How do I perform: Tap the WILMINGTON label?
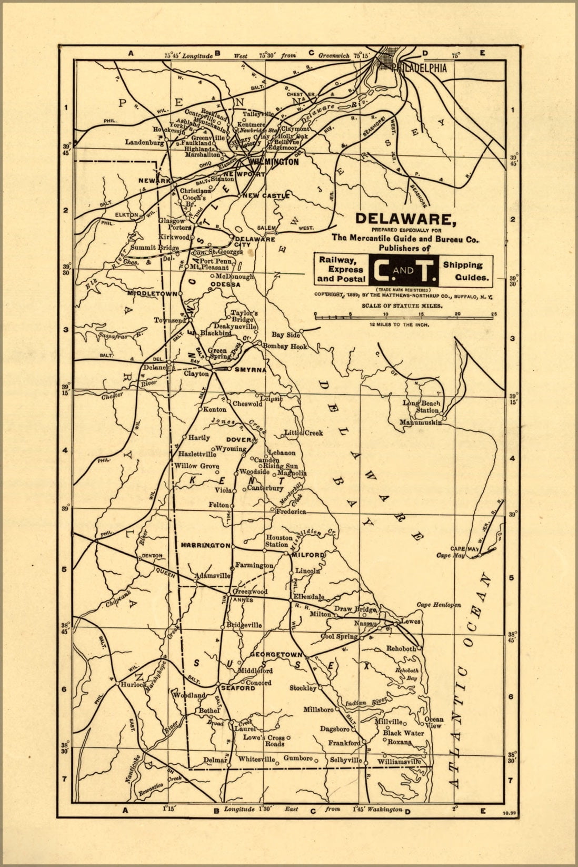pyautogui.click(x=274, y=162)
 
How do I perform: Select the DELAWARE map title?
pyautogui.click(x=404, y=219)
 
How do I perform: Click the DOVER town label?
pyautogui.click(x=239, y=439)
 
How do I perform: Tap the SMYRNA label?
pyautogui.click(x=250, y=369)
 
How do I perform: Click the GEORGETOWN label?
pyautogui.click(x=276, y=655)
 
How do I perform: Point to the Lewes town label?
pyautogui.click(x=411, y=621)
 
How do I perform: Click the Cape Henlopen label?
pyautogui.click(x=439, y=605)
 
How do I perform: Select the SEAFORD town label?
pyautogui.click(x=237, y=688)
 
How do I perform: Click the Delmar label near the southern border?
pyautogui.click(x=215, y=760)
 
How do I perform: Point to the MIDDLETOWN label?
pyautogui.click(x=152, y=293)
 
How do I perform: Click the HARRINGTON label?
pyautogui.click(x=205, y=545)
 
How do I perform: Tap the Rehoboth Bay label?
pyautogui.click(x=407, y=674)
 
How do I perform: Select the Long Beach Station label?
pyautogui.click(x=421, y=407)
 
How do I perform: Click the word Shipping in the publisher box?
pyautogui.click(x=462, y=265)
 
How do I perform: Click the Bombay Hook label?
pyautogui.click(x=285, y=346)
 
